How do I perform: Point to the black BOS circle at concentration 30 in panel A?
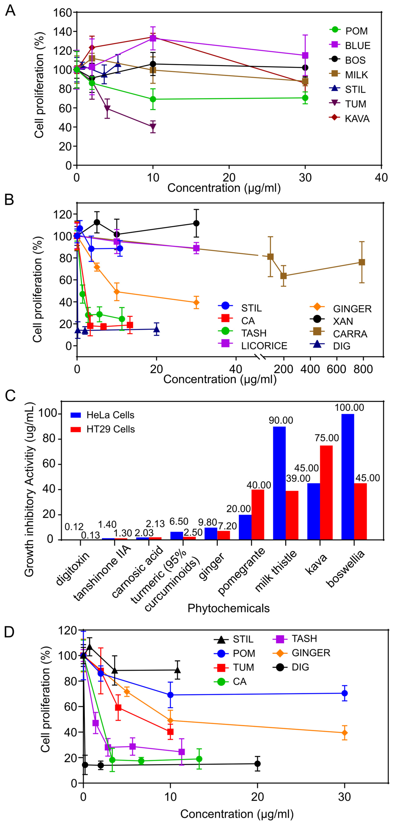(305, 68)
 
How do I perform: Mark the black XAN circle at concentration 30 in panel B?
(196, 223)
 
